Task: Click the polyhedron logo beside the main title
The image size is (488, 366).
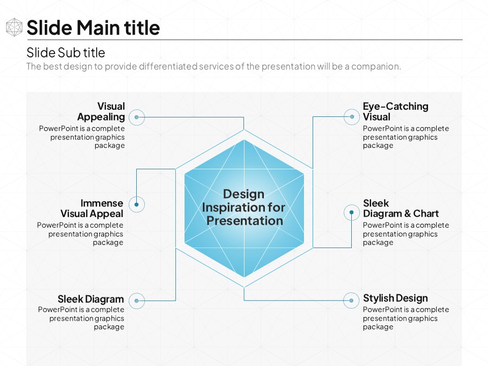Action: point(14,27)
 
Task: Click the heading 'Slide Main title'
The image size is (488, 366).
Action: point(93,27)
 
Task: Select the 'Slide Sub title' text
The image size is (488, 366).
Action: point(66,52)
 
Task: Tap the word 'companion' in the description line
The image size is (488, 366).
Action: point(375,66)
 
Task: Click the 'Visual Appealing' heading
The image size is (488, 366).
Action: point(101,111)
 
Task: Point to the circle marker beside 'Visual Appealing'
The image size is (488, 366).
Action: point(137,117)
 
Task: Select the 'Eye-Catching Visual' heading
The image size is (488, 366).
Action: point(395,111)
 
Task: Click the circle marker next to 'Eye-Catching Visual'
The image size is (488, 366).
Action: point(352,117)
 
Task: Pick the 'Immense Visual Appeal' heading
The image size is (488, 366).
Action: point(92,208)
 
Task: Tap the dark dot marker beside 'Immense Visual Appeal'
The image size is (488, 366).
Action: point(137,204)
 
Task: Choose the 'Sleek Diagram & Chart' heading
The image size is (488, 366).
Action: point(401,208)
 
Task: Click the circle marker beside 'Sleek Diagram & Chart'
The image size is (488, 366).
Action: point(352,212)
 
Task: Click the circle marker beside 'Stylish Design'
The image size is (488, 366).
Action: point(351,300)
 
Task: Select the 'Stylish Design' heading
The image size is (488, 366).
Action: point(395,298)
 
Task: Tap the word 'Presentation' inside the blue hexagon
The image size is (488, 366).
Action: point(245,221)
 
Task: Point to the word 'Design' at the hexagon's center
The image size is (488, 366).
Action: point(243,194)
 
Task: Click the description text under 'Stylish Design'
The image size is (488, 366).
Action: point(406,318)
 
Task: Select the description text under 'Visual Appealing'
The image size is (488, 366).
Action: point(82,137)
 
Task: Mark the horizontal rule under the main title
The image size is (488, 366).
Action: point(245,40)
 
